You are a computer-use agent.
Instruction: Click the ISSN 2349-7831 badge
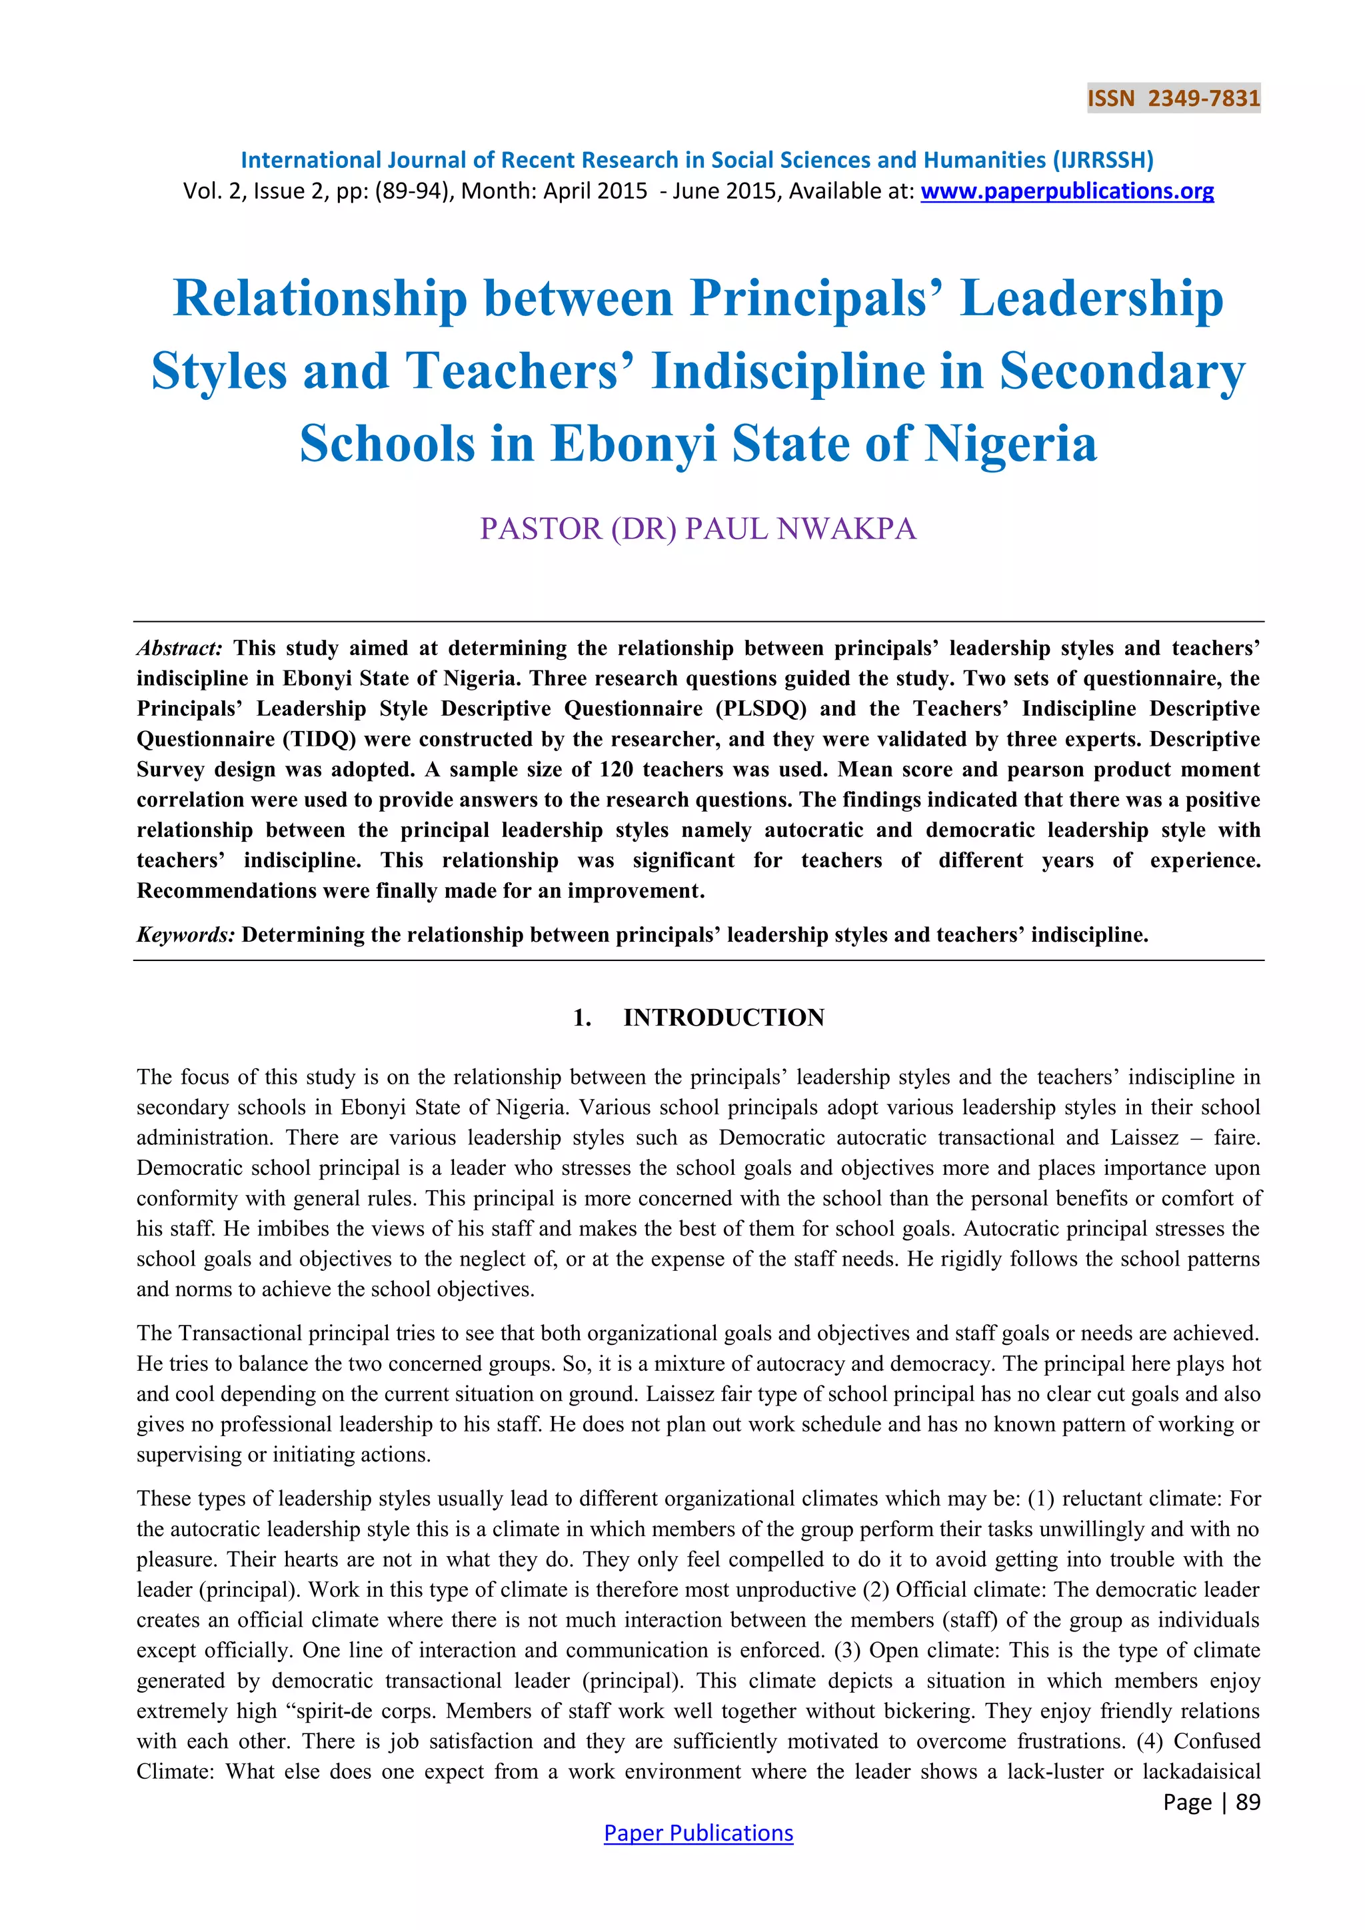[x=1173, y=99]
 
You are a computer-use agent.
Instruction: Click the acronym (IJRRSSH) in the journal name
[x=1103, y=160]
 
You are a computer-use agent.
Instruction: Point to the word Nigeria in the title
[x=1010, y=444]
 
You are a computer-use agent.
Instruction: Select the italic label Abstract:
[x=180, y=648]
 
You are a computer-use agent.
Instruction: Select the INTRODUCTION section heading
[x=724, y=1017]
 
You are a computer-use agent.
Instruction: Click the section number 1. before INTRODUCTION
[x=582, y=1017]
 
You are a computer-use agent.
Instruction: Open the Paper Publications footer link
[x=698, y=1833]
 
